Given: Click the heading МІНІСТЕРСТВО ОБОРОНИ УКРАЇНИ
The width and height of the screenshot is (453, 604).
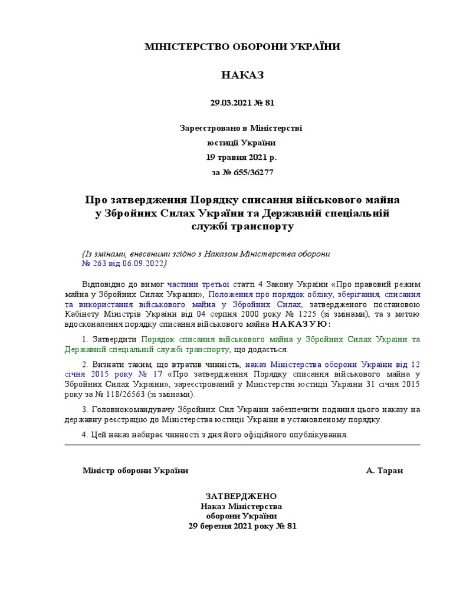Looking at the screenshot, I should pos(242,47).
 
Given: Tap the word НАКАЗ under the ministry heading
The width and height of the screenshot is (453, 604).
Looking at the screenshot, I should pos(242,75).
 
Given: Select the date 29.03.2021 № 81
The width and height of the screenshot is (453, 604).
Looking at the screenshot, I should pos(242,103).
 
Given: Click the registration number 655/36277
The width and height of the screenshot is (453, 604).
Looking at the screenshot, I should pos(250,173).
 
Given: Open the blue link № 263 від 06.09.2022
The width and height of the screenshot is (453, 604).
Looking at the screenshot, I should pos(124,262).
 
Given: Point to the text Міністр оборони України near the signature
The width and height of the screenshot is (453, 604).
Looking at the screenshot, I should pos(136,471).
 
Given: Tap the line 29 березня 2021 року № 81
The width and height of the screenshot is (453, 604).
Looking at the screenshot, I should pos(242,526).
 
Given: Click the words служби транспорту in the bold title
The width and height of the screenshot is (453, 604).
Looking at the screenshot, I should pos(242,225).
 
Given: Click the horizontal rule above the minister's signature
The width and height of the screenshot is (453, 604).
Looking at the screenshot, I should pos(242,445).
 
